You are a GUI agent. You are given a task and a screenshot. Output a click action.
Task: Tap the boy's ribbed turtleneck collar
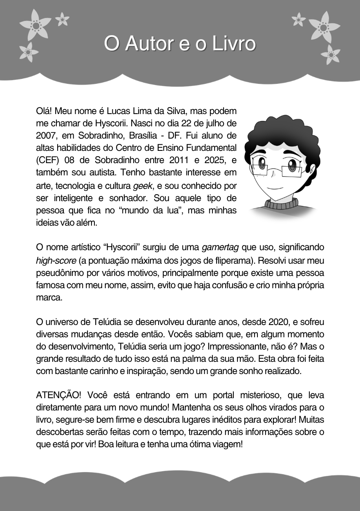click(281, 203)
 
